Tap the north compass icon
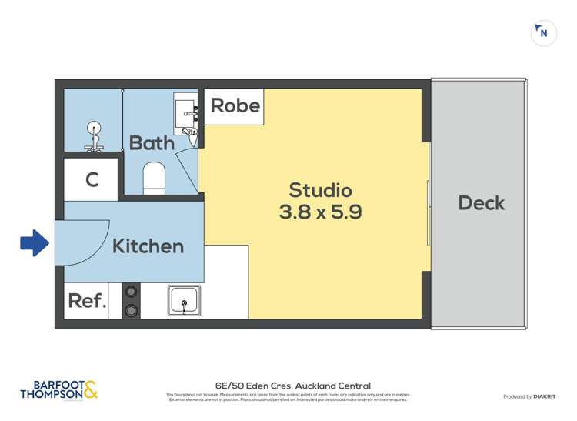click(544, 33)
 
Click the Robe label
click(235, 105)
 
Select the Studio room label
click(320, 189)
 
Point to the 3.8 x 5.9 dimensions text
click(320, 212)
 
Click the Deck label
click(482, 203)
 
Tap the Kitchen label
click(148, 246)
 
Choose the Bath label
click(152, 142)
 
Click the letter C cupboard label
click(92, 180)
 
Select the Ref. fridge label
click(87, 300)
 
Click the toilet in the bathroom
click(155, 178)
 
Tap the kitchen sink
click(184, 300)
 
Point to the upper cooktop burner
click(132, 292)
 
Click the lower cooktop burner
click(132, 310)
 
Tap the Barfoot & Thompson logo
click(60, 390)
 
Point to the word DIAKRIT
click(544, 396)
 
